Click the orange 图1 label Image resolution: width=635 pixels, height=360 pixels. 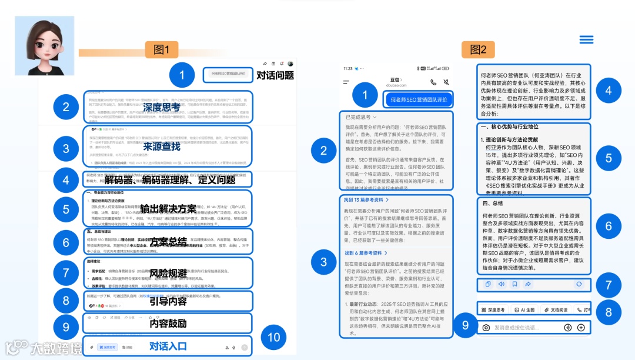click(x=161, y=50)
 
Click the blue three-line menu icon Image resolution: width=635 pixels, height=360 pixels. click(x=586, y=39)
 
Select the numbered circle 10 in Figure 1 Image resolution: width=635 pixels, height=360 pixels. click(x=273, y=338)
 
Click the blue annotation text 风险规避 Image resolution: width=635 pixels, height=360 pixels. click(x=168, y=274)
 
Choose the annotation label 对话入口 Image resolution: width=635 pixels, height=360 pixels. click(x=168, y=345)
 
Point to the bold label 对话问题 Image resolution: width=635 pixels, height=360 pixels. click(x=275, y=75)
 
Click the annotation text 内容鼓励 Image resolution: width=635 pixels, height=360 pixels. click(x=168, y=323)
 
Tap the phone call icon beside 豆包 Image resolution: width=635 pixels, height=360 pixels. click(x=433, y=83)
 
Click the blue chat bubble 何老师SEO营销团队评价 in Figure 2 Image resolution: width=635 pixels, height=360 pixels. click(x=419, y=99)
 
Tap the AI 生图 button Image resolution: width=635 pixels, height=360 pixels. click(x=523, y=309)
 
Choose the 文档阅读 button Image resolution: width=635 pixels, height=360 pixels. click(x=555, y=309)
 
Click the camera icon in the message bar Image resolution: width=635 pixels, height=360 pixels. click(x=486, y=328)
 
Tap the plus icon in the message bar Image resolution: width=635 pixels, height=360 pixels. click(x=581, y=328)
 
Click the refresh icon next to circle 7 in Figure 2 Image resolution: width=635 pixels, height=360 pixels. click(x=579, y=284)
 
